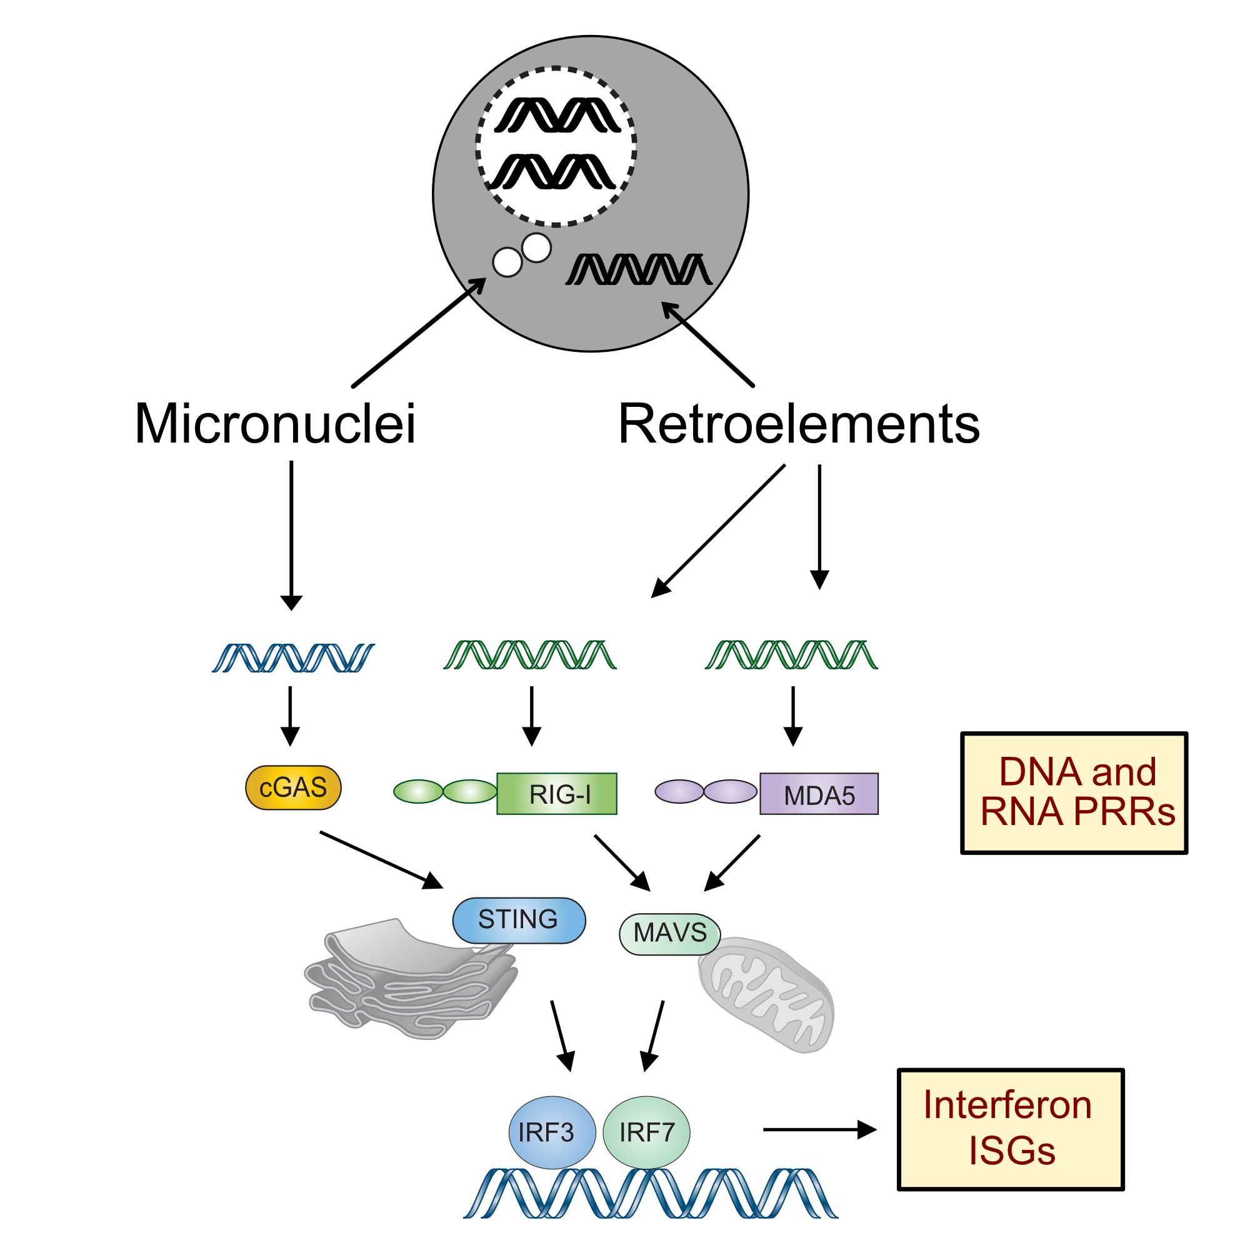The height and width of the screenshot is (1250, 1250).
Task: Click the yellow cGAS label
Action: (293, 788)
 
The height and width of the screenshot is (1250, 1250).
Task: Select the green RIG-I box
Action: (556, 794)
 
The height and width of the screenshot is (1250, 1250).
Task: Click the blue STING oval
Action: (518, 919)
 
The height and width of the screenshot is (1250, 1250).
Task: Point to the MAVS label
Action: (669, 933)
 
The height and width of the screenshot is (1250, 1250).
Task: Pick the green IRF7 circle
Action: (646, 1132)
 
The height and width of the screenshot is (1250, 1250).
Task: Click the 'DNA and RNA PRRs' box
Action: (1074, 792)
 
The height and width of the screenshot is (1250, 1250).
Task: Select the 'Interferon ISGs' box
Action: (1009, 1129)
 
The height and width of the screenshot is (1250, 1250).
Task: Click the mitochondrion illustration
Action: (767, 996)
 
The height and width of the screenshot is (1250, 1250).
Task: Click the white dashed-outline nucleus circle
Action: (556, 146)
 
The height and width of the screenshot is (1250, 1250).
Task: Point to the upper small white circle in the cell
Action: (536, 247)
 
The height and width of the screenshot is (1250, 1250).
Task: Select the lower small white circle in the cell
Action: (507, 262)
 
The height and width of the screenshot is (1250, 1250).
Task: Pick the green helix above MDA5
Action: (793, 654)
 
